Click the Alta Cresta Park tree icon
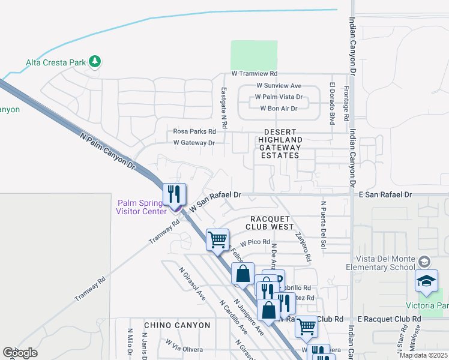click(95, 61)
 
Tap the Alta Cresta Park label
click(56, 62)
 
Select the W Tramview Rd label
click(255, 74)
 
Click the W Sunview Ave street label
click(279, 86)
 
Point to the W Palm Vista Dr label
click(279, 97)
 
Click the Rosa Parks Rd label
click(194, 131)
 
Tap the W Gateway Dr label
click(194, 143)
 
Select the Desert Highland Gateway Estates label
click(279, 143)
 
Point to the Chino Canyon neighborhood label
click(177, 325)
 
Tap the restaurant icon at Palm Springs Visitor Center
click(174, 194)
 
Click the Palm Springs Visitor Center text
click(142, 207)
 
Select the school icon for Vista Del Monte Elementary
click(425, 262)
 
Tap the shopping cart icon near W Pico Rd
click(217, 239)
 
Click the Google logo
click(20, 353)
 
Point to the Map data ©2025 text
click(423, 355)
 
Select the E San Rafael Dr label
click(385, 195)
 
